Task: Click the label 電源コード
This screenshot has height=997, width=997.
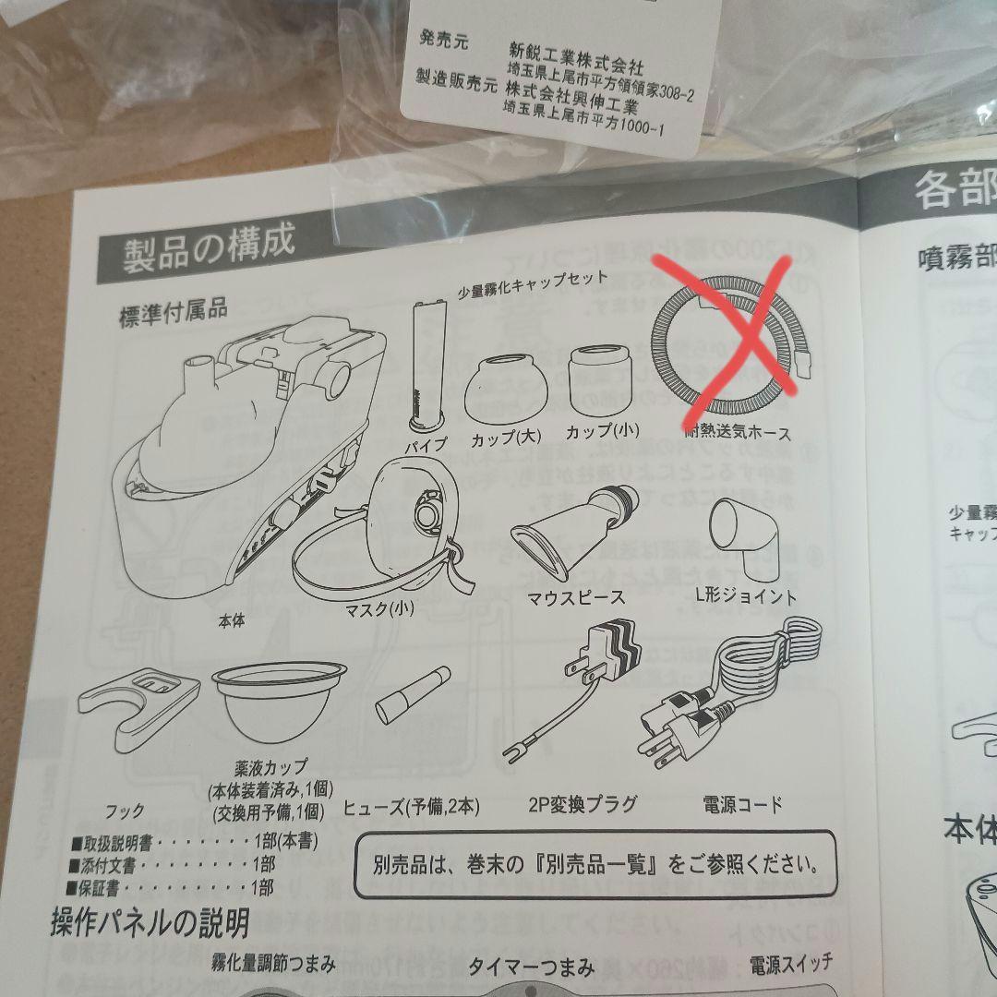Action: (x=742, y=804)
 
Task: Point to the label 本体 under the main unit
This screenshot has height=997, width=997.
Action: (x=232, y=622)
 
